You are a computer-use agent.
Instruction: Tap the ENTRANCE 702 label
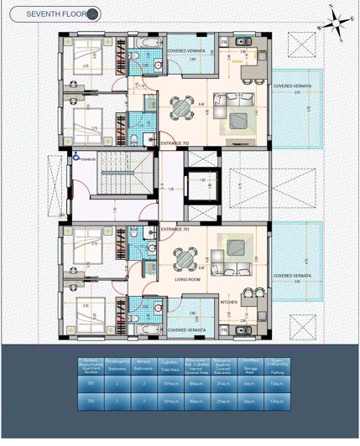coord(175,143)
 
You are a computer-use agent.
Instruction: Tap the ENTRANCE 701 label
coord(173,229)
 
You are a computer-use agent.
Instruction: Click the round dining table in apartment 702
coord(182,107)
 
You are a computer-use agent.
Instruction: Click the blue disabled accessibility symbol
coord(77,155)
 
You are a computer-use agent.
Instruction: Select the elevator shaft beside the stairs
coord(201,186)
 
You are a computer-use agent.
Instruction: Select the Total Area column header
coord(170,365)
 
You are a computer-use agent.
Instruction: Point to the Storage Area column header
coord(248,365)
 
